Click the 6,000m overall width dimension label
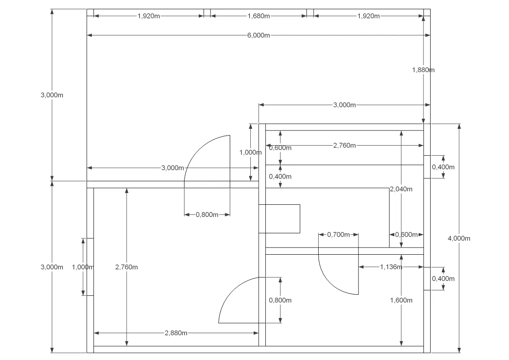pyautogui.click(x=258, y=35)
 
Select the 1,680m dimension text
pyautogui.click(x=259, y=16)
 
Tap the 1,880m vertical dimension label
pyautogui.click(x=423, y=70)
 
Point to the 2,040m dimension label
pyautogui.click(x=401, y=189)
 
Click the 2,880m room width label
pyautogui.click(x=176, y=333)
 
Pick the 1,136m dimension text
pyautogui.click(x=391, y=267)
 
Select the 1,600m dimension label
pyautogui.click(x=401, y=300)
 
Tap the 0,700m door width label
pyautogui.click(x=338, y=235)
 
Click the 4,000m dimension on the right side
pyautogui.click(x=459, y=238)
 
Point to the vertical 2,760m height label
pyautogui.click(x=126, y=267)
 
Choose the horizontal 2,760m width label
pyautogui.click(x=345, y=145)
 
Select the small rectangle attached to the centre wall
pyautogui.click(x=279, y=219)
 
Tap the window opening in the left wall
pyautogui.click(x=90, y=267)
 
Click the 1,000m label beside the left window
pyautogui.click(x=83, y=267)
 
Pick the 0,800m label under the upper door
pyautogui.click(x=207, y=214)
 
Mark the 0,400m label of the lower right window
pyautogui.click(x=443, y=279)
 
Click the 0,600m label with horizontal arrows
pyautogui.click(x=406, y=235)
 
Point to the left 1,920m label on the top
pyautogui.click(x=148, y=16)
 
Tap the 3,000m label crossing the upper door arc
pyautogui.click(x=172, y=168)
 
